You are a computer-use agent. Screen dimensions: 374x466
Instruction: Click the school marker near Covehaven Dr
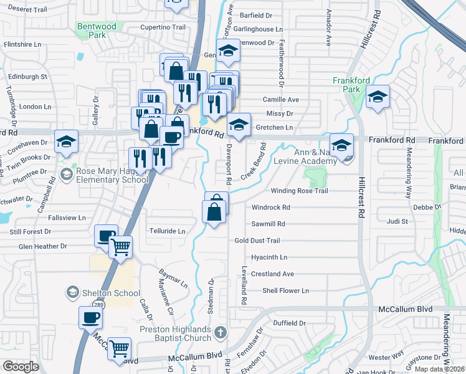65,142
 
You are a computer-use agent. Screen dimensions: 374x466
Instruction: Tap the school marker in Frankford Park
377,97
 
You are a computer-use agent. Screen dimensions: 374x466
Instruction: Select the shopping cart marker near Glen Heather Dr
120,247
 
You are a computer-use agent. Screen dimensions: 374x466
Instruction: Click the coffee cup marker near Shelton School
90,317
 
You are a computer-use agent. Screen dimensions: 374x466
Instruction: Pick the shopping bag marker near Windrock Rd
214,212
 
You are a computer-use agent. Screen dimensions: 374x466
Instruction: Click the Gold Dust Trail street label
257,241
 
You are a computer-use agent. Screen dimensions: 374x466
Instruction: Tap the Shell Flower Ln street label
285,290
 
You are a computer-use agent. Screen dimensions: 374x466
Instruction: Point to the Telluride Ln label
168,231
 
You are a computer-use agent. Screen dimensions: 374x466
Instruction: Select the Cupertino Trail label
163,27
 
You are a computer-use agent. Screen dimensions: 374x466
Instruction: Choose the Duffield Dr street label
290,323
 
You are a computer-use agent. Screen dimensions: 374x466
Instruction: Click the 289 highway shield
98,305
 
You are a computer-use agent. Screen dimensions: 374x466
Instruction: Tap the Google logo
21,367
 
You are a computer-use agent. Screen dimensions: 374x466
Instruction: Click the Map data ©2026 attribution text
440,369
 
